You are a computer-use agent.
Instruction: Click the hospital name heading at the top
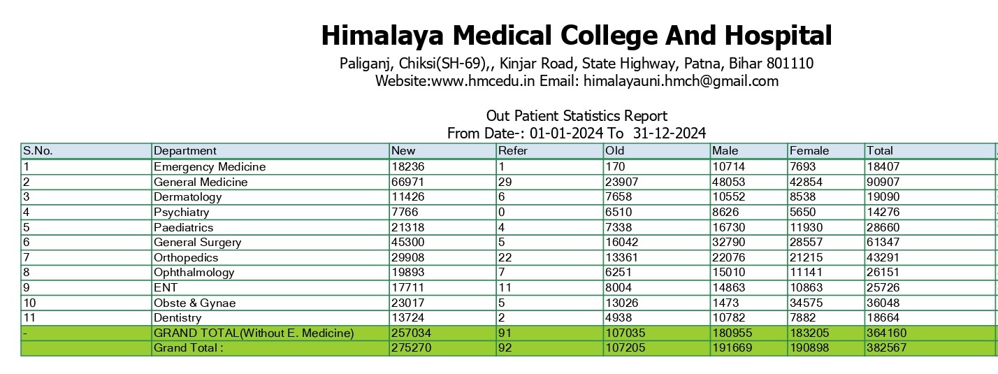[576, 35]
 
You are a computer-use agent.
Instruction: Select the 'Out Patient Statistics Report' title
[577, 116]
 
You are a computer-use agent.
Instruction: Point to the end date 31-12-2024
[670, 133]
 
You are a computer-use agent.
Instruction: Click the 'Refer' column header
[513, 151]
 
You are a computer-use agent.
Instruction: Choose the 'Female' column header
[809, 151]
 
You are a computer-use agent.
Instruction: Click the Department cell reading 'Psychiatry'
[181, 212]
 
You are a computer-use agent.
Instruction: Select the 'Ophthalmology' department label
[194, 273]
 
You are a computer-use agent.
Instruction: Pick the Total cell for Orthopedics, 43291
[882, 257]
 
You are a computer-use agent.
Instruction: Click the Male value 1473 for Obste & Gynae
[725, 303]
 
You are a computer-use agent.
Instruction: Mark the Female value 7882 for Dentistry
[804, 318]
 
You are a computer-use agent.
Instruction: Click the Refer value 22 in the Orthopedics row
[505, 257]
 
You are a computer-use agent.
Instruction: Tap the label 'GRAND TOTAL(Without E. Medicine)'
[254, 333]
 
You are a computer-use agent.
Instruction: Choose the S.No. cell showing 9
[27, 287]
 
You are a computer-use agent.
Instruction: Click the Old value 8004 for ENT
[620, 287]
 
